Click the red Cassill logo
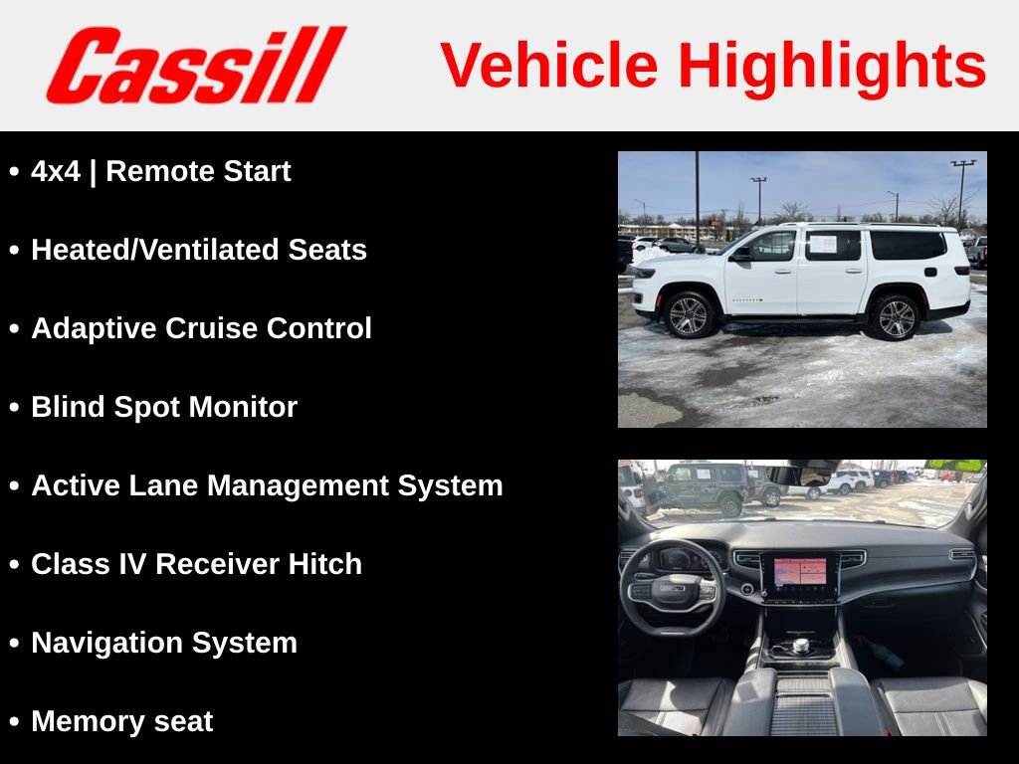tap(195, 65)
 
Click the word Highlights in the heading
tap(832, 66)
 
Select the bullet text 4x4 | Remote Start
tap(160, 171)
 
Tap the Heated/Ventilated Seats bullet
tap(198, 250)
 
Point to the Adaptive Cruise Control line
tap(201, 328)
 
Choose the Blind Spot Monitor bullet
tap(163, 407)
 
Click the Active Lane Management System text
tap(266, 485)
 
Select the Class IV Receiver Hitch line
tap(196, 564)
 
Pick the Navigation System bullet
tap(163, 643)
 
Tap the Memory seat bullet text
tap(121, 721)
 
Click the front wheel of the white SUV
tap(689, 315)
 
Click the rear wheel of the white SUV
tap(896, 317)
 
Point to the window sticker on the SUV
tap(822, 244)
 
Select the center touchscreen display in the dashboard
tap(800, 574)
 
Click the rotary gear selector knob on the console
tap(801, 647)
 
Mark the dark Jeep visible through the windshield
tap(708, 486)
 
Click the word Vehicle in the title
tap(549, 66)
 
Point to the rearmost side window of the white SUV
tap(908, 245)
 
